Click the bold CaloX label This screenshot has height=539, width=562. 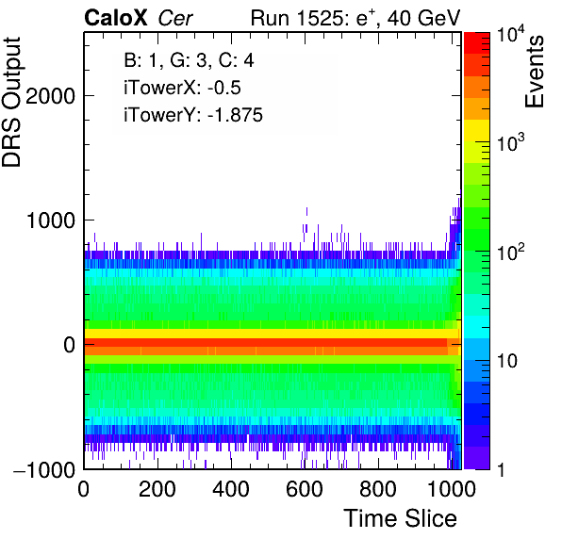(x=115, y=18)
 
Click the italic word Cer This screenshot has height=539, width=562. (x=175, y=19)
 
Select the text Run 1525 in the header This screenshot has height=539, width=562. (x=296, y=18)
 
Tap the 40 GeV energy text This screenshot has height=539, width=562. (x=423, y=18)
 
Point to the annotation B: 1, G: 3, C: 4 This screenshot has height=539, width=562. (x=189, y=60)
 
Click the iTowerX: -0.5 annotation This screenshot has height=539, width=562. (x=182, y=88)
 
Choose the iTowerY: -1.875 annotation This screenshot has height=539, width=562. (x=193, y=115)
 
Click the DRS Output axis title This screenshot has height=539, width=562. (x=11, y=102)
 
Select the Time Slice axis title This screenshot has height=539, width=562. (x=401, y=518)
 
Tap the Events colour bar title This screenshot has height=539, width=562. (x=534, y=72)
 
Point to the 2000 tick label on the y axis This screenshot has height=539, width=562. (x=50, y=95)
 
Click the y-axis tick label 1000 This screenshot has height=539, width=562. (x=50, y=220)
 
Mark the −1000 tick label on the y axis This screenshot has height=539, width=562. (x=44, y=468)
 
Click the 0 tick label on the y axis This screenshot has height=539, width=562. (x=69, y=345)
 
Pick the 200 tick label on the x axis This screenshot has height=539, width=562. (x=157, y=488)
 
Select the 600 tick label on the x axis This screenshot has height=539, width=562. (x=305, y=488)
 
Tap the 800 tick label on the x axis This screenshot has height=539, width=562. (x=378, y=488)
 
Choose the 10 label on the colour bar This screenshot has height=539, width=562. (x=506, y=361)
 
